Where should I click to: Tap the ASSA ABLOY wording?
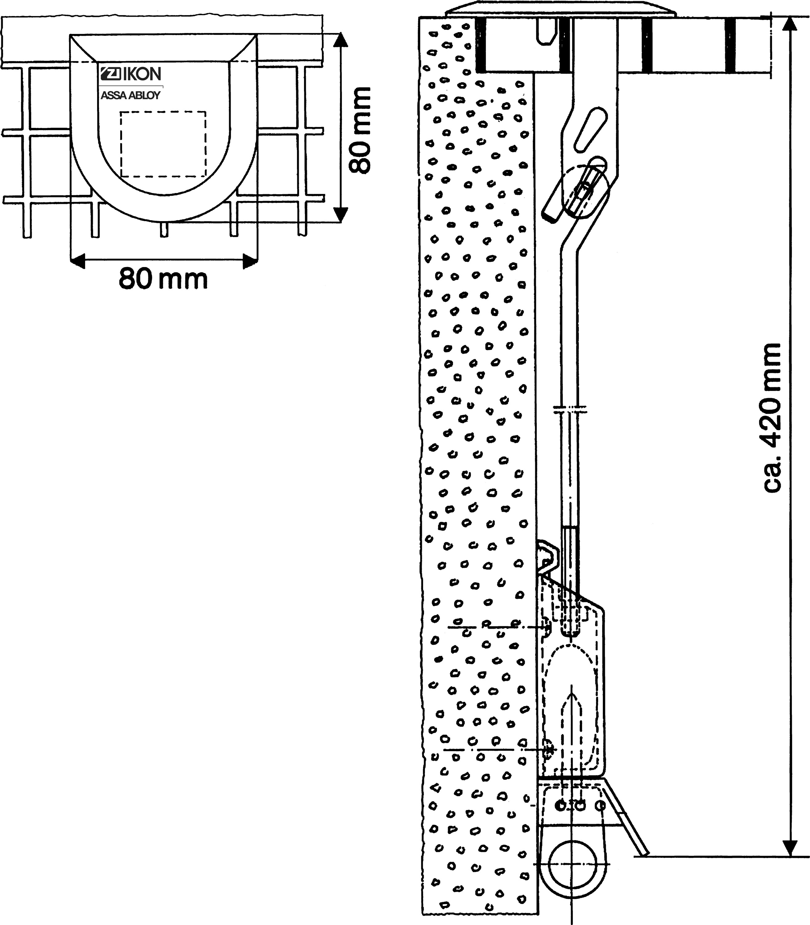(130, 95)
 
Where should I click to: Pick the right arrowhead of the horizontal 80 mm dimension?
(250, 261)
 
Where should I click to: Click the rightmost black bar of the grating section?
(730, 46)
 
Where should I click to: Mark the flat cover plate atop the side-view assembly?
(560, 10)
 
